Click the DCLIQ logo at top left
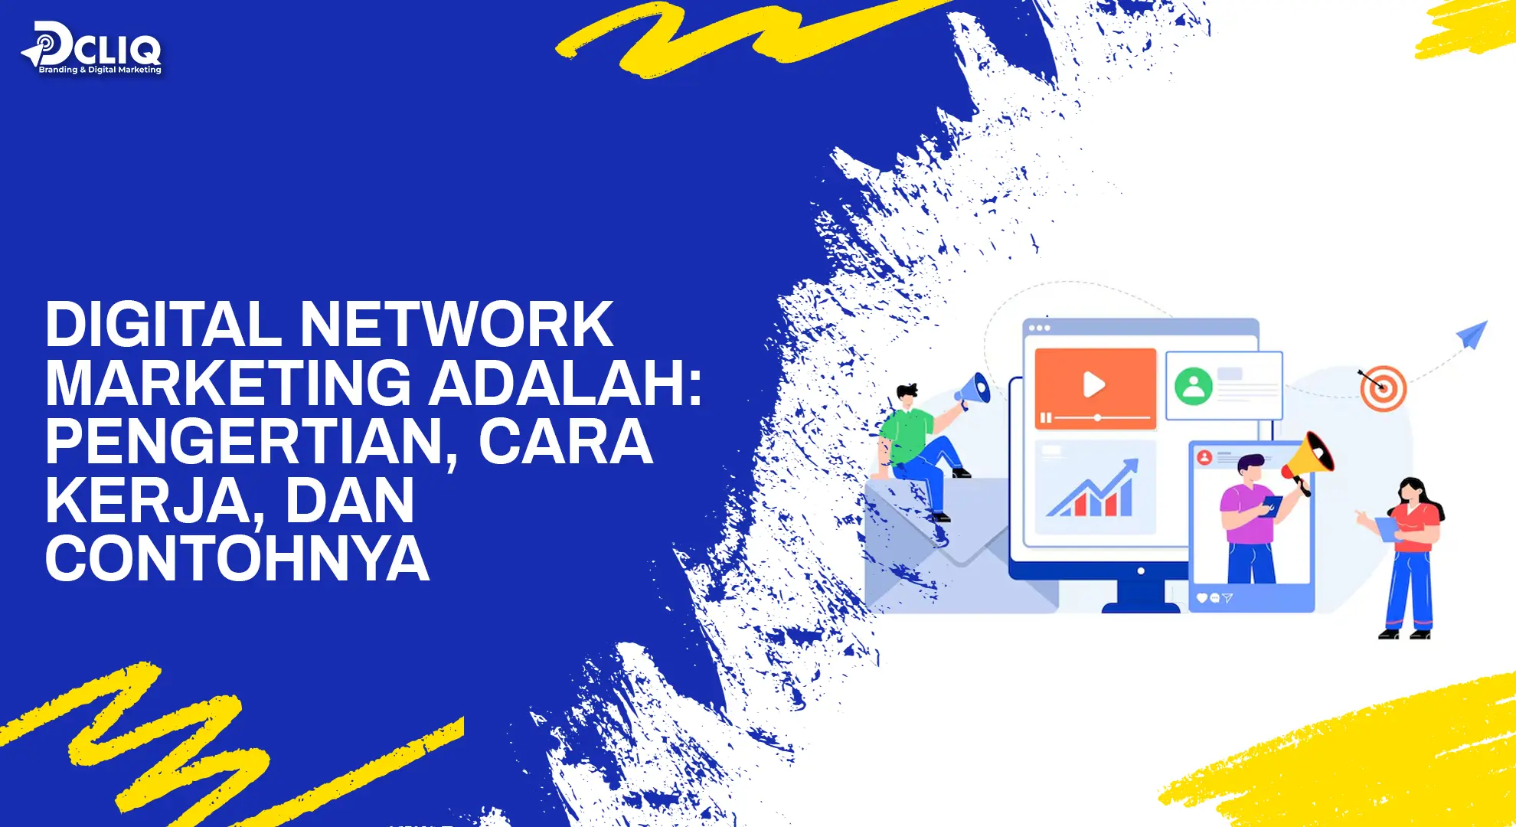coord(92,49)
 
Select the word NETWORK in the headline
coord(456,325)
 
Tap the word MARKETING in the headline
coord(228,383)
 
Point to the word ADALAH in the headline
coord(558,383)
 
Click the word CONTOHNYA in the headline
coord(237,559)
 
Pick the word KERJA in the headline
coord(147,501)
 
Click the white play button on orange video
coord(1093,384)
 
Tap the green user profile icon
coord(1193,386)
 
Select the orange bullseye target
coord(1384,388)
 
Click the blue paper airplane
coord(1472,334)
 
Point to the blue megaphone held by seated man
coord(973,391)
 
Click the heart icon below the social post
coord(1201,598)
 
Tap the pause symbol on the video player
coord(1045,418)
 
